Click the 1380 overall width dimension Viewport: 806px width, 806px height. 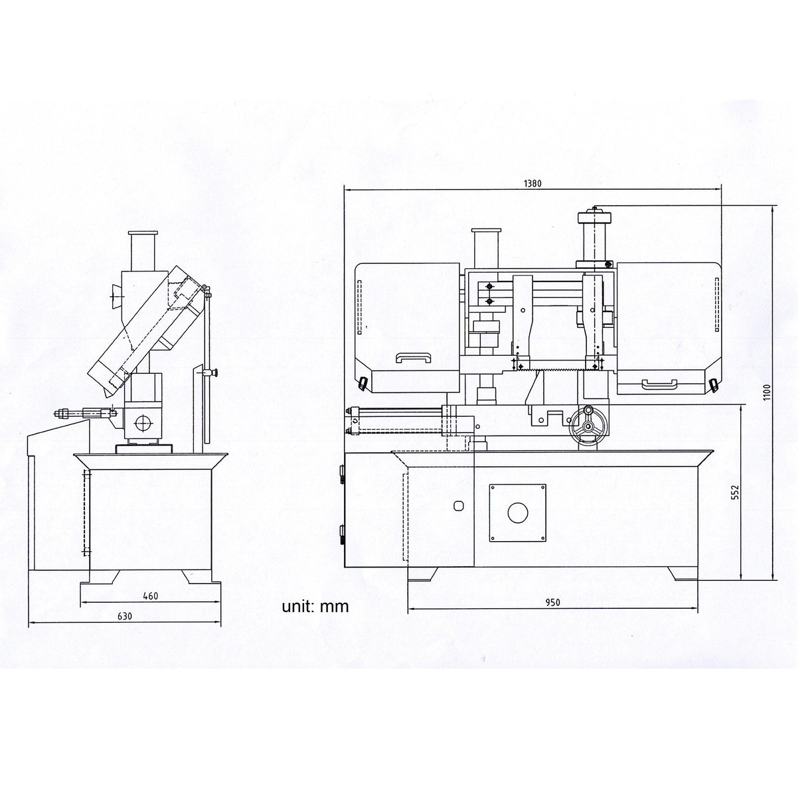533,184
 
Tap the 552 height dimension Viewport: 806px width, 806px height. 734,492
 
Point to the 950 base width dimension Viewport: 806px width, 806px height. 553,602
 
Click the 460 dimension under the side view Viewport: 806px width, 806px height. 150,596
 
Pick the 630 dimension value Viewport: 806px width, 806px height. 125,615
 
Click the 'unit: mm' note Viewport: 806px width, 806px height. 314,605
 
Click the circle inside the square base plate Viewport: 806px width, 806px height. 517,512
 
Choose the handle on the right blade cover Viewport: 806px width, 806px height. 659,382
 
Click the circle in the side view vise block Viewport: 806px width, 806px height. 143,422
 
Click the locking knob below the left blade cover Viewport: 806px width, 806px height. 363,384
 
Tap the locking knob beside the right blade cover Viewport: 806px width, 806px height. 713,385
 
